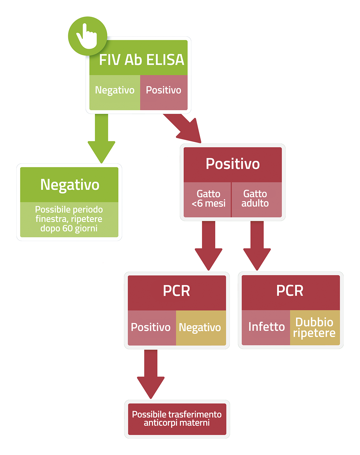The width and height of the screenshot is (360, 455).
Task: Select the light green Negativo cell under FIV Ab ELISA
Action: pyautogui.click(x=115, y=92)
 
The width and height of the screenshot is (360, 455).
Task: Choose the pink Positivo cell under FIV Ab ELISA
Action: pyautogui.click(x=164, y=92)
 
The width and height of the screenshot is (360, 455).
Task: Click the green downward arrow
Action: pyautogui.click(x=101, y=138)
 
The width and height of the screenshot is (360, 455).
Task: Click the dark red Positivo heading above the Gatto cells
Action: pyautogui.click(x=233, y=164)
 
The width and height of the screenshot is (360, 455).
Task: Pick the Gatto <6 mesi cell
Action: pyautogui.click(x=207, y=200)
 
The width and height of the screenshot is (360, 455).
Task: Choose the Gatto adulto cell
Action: pyautogui.click(x=257, y=200)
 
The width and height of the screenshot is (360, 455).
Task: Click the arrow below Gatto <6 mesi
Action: pyautogui.click(x=208, y=246)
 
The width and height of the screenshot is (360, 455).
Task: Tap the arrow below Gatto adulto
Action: pyautogui.click(x=257, y=246)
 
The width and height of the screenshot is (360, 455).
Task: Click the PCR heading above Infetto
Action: pyautogui.click(x=290, y=291)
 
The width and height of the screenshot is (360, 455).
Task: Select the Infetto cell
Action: pyautogui.click(x=266, y=327)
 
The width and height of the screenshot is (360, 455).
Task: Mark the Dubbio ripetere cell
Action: pyautogui.click(x=315, y=327)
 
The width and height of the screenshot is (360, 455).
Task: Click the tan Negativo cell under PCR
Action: pyautogui.click(x=201, y=328)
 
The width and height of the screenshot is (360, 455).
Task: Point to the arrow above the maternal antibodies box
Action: pyautogui.click(x=151, y=374)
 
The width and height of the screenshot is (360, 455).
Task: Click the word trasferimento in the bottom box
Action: pyautogui.click(x=191, y=414)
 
